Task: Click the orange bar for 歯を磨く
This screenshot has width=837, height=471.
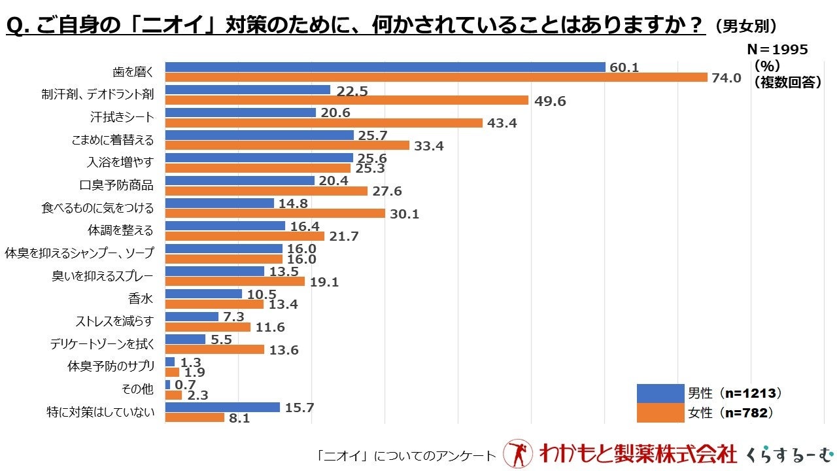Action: (x=436, y=77)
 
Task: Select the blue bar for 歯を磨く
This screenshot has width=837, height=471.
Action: (x=385, y=67)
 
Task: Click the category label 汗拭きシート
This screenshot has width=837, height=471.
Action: (x=122, y=118)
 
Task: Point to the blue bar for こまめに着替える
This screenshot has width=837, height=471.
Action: (x=259, y=135)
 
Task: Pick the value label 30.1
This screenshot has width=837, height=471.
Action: (x=405, y=214)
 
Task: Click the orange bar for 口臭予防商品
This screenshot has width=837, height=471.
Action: (x=266, y=191)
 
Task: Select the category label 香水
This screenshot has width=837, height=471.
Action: (x=141, y=299)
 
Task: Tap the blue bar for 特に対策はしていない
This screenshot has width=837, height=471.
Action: (x=222, y=407)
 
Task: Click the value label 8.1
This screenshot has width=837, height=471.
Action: (x=239, y=418)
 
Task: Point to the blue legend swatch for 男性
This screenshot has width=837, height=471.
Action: (x=660, y=393)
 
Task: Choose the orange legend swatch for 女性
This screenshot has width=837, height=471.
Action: (x=660, y=413)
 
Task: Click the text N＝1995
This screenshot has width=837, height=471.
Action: (x=777, y=50)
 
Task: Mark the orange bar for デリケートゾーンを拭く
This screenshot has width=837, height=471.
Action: (x=214, y=349)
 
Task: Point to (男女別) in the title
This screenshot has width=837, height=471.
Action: (x=746, y=27)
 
